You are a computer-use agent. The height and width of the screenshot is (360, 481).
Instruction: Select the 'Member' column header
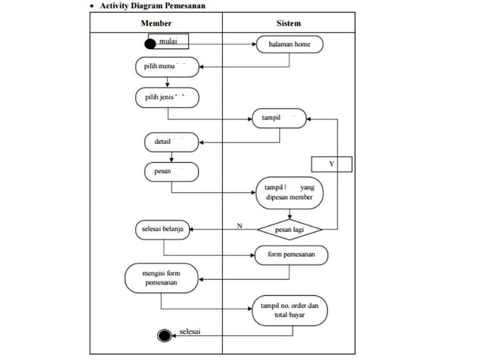click(156, 23)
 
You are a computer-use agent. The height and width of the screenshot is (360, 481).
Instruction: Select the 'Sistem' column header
click(289, 23)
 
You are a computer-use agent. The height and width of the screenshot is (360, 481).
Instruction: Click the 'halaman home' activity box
click(290, 45)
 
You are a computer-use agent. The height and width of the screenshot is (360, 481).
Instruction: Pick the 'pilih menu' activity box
click(167, 67)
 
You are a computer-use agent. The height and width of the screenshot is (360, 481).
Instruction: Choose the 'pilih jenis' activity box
click(167, 98)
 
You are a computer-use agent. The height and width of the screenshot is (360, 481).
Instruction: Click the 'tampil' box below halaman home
click(281, 118)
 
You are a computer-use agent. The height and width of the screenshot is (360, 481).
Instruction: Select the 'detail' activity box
click(171, 141)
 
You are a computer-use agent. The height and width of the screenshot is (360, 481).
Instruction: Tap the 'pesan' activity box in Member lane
click(171, 172)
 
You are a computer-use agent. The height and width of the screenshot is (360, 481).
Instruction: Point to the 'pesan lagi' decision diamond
click(290, 228)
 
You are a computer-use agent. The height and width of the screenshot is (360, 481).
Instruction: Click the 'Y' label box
click(332, 163)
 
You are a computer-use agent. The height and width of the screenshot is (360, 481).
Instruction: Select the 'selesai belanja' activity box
click(163, 228)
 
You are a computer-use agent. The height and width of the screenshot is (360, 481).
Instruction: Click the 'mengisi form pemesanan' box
click(162, 278)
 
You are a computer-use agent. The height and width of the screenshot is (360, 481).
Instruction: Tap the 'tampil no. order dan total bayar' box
click(290, 311)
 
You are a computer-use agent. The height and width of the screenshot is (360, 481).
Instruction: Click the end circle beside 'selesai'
click(164, 334)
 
